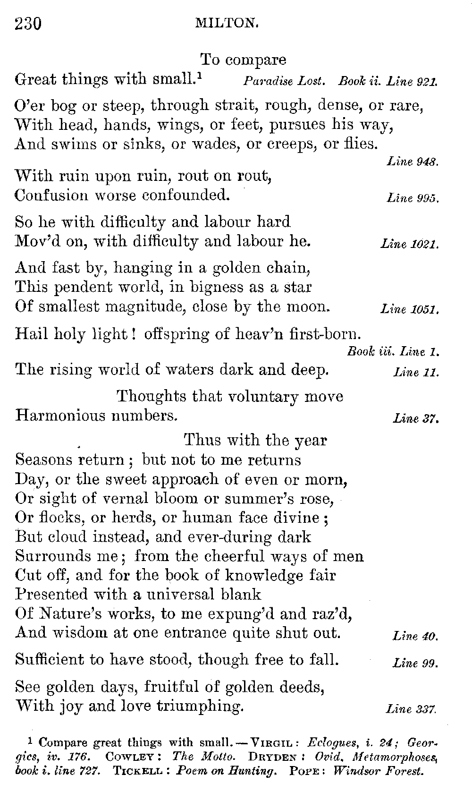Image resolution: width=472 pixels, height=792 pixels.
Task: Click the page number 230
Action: click(28, 23)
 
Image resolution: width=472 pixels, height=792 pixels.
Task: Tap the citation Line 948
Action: click(413, 162)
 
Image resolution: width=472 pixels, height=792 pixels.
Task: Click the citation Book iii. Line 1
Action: click(393, 351)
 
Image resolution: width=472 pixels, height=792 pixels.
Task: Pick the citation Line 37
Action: click(416, 418)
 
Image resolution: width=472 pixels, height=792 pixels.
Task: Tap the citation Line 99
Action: click(416, 663)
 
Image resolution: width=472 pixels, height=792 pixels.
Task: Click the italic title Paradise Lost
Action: click(284, 81)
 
